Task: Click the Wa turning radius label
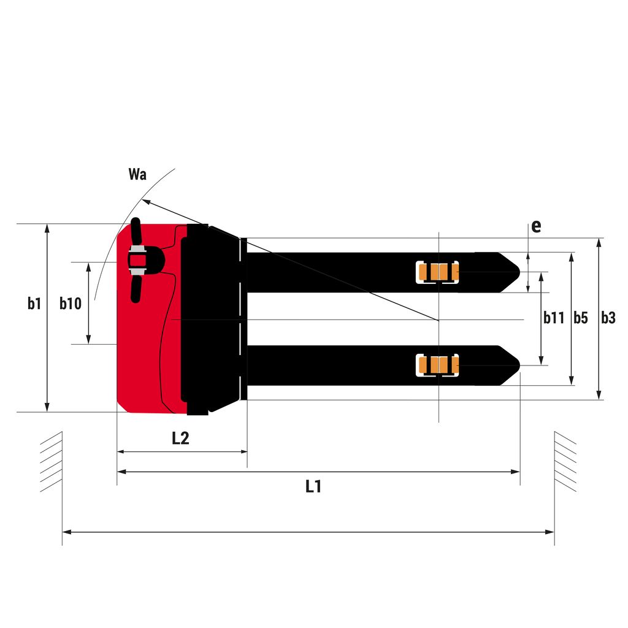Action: pos(137,174)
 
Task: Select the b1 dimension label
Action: pos(34,304)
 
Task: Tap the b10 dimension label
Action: pos(71,304)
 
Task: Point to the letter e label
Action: pos(536,227)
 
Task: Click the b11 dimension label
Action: pos(554,318)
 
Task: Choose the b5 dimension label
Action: pos(581,318)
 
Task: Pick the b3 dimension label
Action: pos(608,318)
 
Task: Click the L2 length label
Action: pos(181,438)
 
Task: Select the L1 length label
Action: pos(313,486)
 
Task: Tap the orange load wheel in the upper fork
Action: pos(438,272)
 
